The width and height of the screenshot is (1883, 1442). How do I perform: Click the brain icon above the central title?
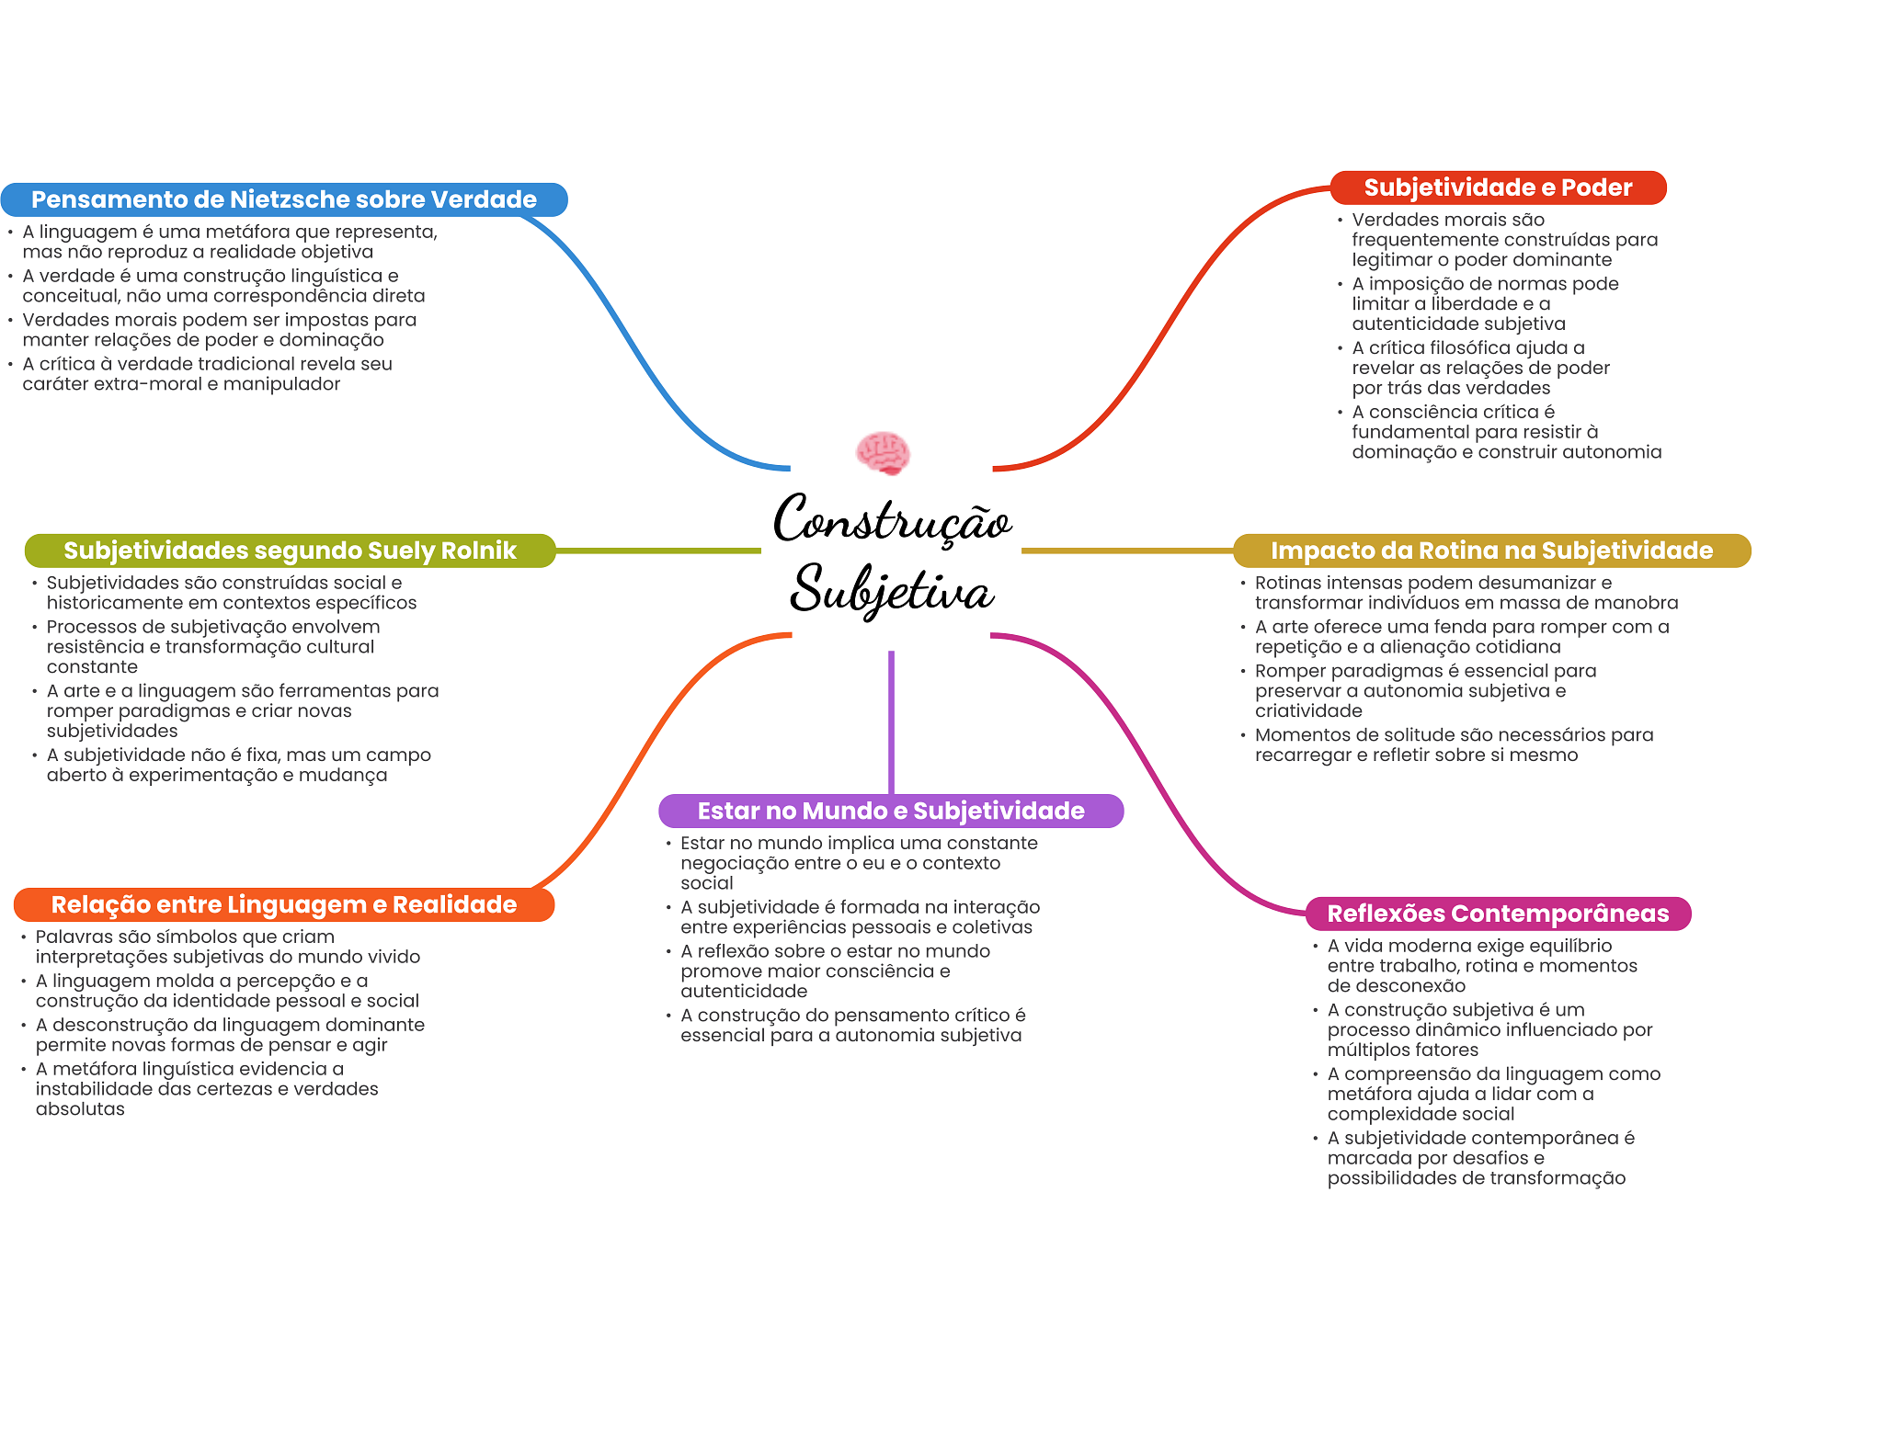[x=883, y=452]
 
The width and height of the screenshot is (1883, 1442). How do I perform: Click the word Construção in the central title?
[x=892, y=520]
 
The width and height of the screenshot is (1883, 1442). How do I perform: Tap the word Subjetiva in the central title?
[x=892, y=589]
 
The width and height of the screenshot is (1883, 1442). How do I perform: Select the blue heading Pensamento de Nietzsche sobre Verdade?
[x=284, y=199]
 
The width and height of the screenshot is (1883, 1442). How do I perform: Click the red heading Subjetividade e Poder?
[x=1498, y=187]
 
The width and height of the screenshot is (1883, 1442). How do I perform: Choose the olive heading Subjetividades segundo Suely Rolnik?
[x=290, y=551]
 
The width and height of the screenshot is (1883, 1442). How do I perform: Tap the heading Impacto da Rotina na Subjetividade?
[x=1491, y=551]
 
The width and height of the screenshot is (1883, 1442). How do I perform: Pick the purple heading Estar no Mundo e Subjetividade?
[x=891, y=811]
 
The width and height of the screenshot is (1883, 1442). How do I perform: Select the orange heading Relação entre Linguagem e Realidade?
[x=284, y=904]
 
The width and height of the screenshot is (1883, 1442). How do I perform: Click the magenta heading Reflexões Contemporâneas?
[x=1498, y=914]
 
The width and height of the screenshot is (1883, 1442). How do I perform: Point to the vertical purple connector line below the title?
[x=891, y=721]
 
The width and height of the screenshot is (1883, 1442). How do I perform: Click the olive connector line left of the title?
[x=658, y=551]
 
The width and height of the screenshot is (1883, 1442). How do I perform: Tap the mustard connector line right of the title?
[x=1126, y=551]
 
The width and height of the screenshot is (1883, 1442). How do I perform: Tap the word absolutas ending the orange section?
[x=80, y=1109]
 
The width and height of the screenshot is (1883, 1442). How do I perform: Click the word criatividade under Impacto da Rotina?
[x=1308, y=711]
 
